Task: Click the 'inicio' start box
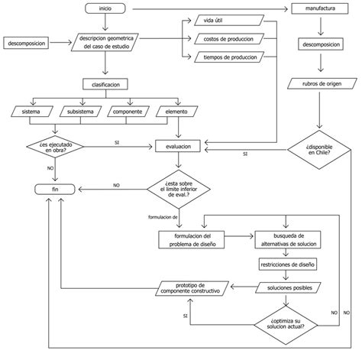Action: [x=105, y=8]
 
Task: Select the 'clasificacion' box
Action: [x=105, y=84]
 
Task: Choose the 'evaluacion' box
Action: [x=178, y=144]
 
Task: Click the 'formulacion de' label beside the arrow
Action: [x=163, y=216]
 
